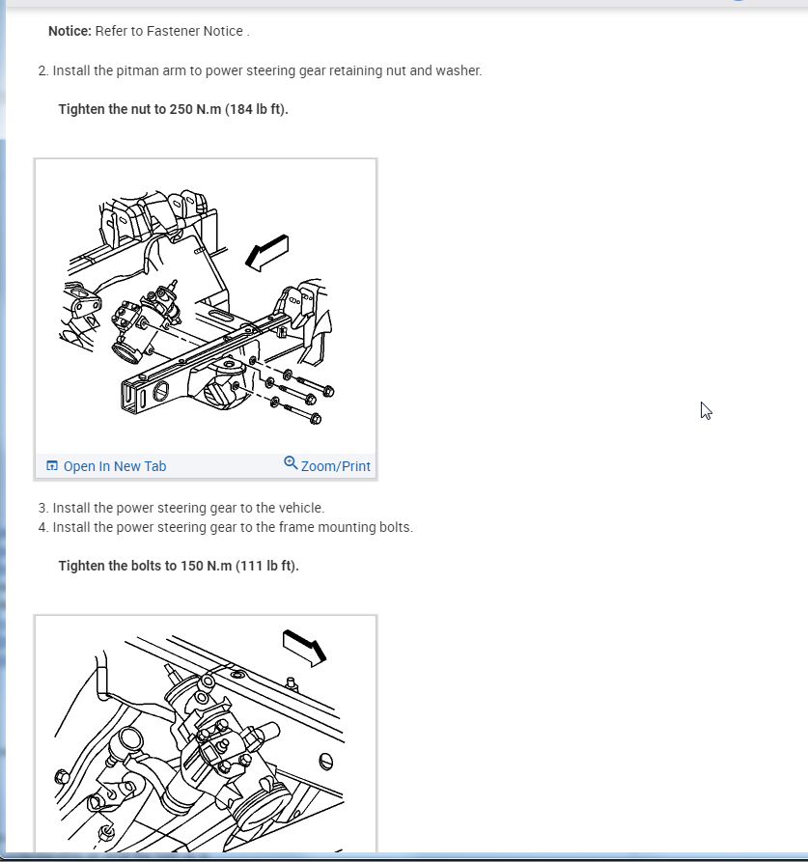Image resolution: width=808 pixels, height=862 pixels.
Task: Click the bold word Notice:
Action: coord(70,31)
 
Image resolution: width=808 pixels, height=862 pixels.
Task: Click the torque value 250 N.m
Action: coord(195,109)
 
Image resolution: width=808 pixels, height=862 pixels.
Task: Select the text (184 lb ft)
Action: coord(256,109)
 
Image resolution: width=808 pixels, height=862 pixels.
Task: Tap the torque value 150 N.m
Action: coord(207,567)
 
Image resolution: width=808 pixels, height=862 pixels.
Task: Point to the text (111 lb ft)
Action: coord(267,567)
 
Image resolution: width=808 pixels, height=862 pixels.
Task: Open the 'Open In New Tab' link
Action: coord(114,466)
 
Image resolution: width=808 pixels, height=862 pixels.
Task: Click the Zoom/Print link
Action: coord(335,466)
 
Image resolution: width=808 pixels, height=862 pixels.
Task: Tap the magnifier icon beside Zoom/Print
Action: coord(291,463)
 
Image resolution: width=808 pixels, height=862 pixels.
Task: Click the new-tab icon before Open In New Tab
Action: coord(52,466)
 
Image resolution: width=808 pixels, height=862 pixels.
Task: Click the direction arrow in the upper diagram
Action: coord(266,254)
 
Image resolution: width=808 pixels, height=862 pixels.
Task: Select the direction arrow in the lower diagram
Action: coord(304,648)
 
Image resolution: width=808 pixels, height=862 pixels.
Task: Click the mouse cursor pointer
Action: coord(706,410)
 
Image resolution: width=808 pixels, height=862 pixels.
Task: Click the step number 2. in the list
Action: coord(43,70)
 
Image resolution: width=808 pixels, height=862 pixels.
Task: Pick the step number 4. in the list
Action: coord(43,527)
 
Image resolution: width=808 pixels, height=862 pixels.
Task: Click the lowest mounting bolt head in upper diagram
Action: coord(316,420)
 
